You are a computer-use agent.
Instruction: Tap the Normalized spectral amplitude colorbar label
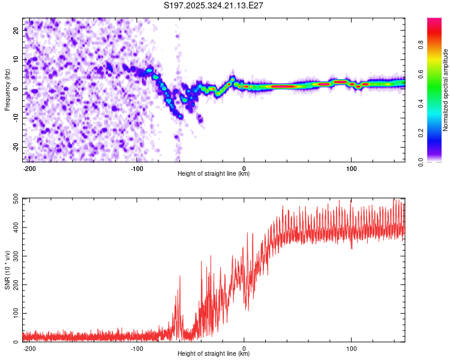click(446, 90)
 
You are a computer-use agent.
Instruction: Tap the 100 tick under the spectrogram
click(352, 168)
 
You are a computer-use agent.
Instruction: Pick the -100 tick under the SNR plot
click(137, 348)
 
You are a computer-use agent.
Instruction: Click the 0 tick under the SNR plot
click(244, 348)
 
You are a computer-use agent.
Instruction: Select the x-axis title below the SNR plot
click(214, 354)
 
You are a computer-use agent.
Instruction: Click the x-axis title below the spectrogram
click(214, 174)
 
